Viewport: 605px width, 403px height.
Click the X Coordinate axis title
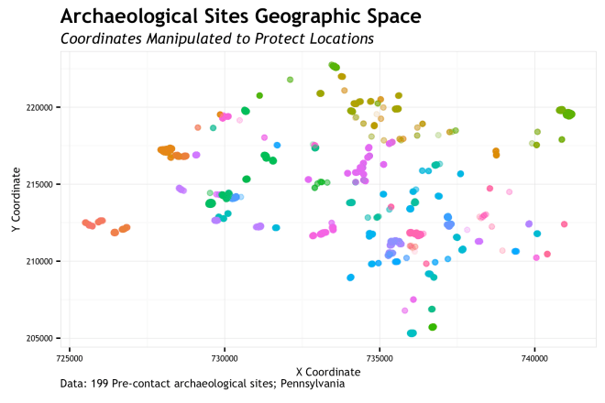(328, 372)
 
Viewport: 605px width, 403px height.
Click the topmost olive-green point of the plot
(334, 66)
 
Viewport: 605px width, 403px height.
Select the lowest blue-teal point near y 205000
(412, 333)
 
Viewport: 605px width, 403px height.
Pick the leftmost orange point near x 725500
(85, 223)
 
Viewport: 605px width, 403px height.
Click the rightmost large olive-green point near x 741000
(569, 114)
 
